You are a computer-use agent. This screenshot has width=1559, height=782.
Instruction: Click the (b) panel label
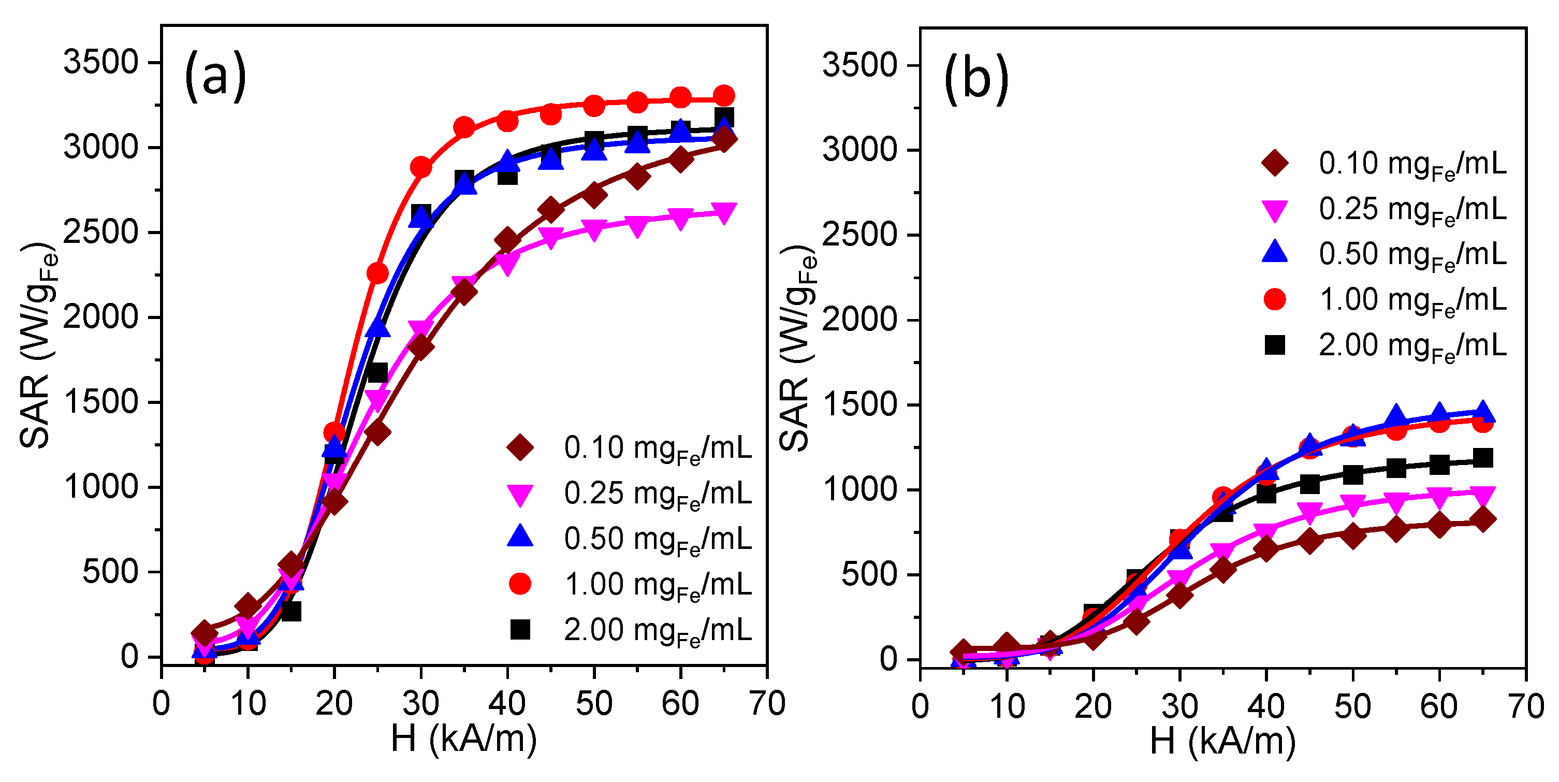[x=976, y=79]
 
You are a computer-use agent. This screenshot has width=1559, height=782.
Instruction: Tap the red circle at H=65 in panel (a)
[x=724, y=96]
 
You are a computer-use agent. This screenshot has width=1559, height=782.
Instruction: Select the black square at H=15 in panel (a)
[x=291, y=611]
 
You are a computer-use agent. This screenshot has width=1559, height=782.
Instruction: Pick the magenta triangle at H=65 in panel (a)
[x=724, y=213]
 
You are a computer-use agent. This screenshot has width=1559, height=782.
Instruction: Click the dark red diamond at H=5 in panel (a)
[x=205, y=633]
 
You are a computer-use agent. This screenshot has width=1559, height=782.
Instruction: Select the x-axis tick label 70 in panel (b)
[x=1526, y=706]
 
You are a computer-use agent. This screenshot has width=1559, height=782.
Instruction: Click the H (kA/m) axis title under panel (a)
[x=463, y=738]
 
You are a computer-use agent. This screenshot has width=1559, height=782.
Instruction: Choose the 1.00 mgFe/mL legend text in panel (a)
[x=657, y=585]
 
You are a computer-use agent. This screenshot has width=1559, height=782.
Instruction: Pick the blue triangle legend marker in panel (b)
[x=1275, y=252]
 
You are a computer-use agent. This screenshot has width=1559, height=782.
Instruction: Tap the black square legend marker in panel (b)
[x=1275, y=345]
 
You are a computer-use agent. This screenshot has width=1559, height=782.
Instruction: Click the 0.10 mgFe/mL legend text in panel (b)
[x=1412, y=164]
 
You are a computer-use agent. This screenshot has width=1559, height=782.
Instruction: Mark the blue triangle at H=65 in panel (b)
[x=1482, y=412]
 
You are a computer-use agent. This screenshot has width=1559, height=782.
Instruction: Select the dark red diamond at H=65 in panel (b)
[x=1482, y=519]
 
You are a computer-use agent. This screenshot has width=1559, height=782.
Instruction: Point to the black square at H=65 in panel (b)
[x=1482, y=458]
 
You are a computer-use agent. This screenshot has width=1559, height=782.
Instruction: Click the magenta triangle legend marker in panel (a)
[x=520, y=495]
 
